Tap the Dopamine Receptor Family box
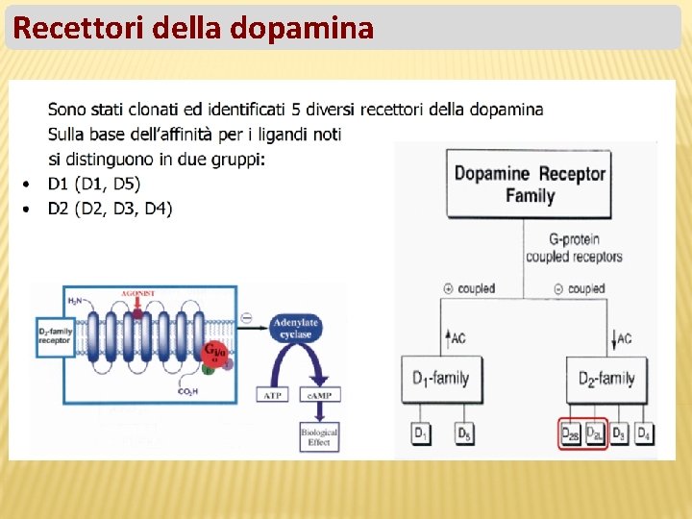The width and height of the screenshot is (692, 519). click(530, 184)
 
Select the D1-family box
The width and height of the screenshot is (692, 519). click(440, 379)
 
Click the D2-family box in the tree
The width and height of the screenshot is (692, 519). click(607, 379)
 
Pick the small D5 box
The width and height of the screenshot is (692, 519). click(464, 434)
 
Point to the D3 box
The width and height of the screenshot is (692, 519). click(620, 434)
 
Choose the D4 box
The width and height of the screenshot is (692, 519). click(643, 434)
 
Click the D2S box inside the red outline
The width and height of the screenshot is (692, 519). click(571, 434)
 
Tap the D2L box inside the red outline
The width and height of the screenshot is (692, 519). click(595, 434)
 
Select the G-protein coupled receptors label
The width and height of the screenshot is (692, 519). click(574, 248)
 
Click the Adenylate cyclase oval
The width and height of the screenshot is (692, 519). click(296, 329)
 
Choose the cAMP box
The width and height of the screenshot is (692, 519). click(319, 395)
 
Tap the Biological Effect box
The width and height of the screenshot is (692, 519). click(319, 437)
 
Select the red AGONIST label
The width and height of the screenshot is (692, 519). click(138, 292)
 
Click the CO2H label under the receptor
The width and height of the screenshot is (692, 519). click(189, 391)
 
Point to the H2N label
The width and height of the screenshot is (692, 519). click(75, 301)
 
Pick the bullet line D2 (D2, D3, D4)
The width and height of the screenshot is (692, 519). click(110, 209)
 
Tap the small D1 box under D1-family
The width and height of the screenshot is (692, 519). click(421, 434)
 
